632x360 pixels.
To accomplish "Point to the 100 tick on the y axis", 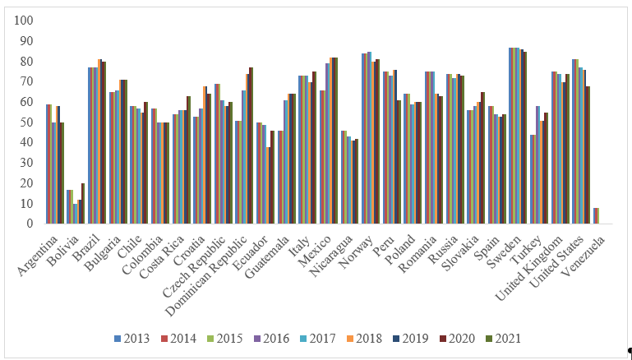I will [24, 21].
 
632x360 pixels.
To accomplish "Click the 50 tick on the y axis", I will [27, 122].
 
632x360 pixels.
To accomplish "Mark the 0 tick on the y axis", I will [30, 224].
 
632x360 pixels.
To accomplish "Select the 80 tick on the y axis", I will [27, 61].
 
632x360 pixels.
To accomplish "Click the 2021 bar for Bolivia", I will [83, 203].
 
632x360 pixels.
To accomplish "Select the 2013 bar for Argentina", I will [47, 164].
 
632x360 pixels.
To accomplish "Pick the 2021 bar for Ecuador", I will [272, 177].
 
